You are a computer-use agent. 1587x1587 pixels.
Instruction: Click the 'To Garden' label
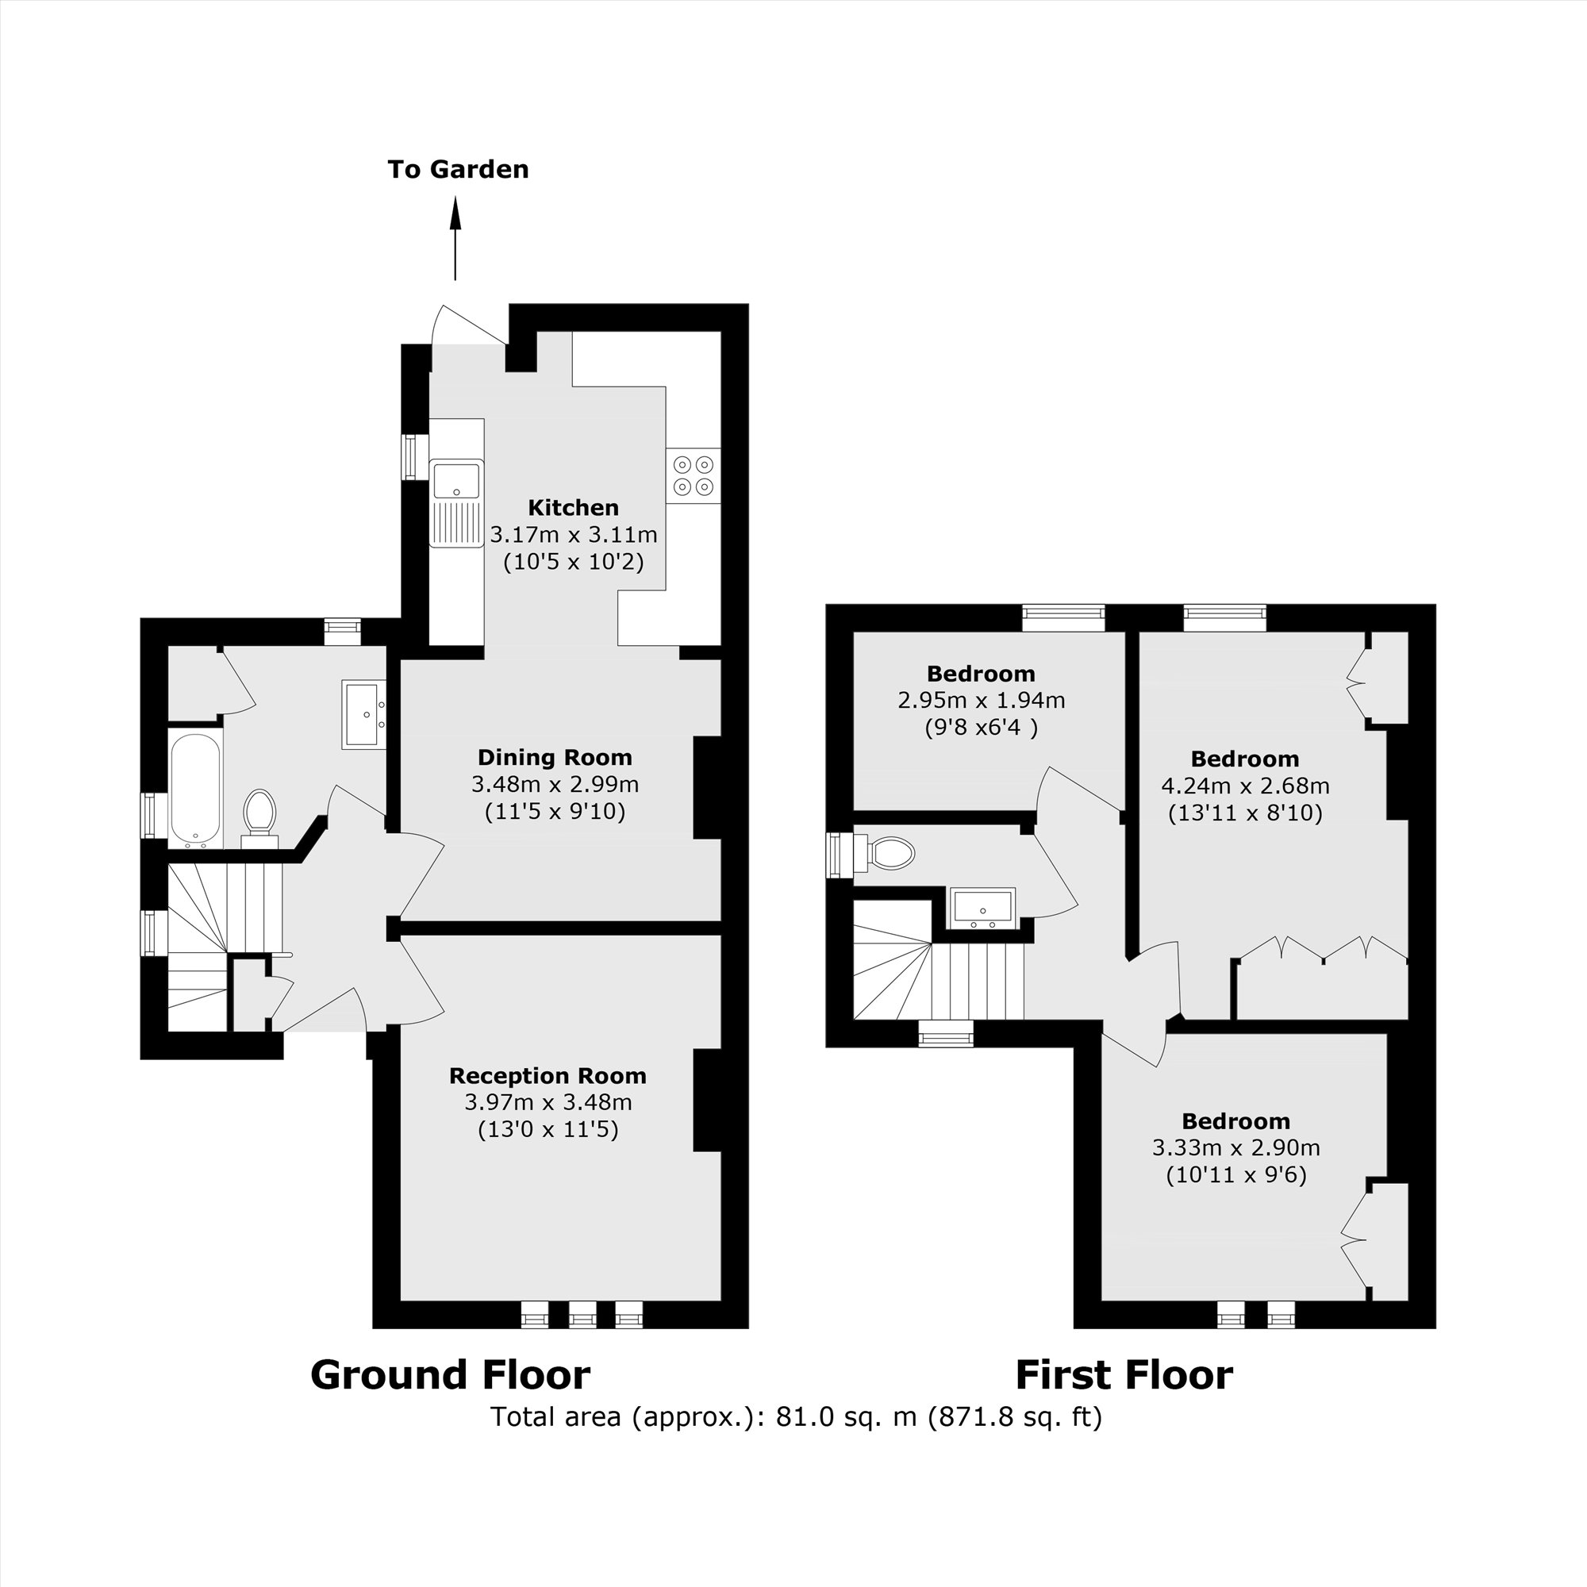[458, 169]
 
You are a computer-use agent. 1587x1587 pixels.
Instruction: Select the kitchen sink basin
[456, 480]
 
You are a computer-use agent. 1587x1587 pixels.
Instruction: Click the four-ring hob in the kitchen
[693, 475]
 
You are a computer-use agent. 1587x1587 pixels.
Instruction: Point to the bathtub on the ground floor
[194, 790]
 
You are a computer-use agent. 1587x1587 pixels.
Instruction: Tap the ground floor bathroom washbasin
[363, 714]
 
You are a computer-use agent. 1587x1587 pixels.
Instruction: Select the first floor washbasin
[982, 908]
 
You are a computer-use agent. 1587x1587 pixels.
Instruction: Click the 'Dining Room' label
[555, 757]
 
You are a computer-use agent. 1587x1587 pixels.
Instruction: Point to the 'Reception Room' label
[548, 1076]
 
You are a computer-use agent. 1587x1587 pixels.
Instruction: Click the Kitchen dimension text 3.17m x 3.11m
[574, 535]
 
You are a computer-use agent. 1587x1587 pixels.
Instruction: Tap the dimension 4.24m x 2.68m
[1245, 786]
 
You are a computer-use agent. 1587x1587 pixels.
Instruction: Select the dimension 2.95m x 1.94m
[982, 701]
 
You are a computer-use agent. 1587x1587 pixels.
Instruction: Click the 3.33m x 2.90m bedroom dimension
[1236, 1147]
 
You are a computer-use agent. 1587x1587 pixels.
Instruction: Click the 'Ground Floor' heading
[450, 1375]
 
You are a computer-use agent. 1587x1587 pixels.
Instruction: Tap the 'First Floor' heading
[1124, 1375]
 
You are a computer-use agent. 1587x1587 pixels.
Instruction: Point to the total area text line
[796, 1417]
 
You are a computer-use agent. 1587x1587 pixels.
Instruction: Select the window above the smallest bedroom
[1064, 617]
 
